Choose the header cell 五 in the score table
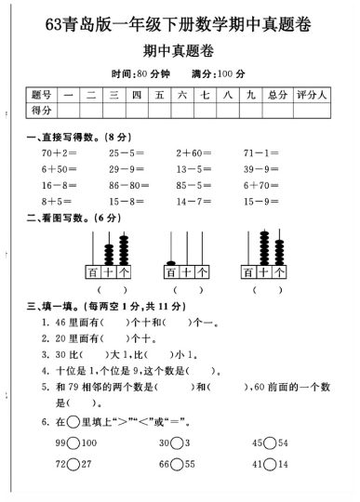tap(160, 95)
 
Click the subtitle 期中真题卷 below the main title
tap(180, 50)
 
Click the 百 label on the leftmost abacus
tap(93, 271)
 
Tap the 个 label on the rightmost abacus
tap(279, 271)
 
